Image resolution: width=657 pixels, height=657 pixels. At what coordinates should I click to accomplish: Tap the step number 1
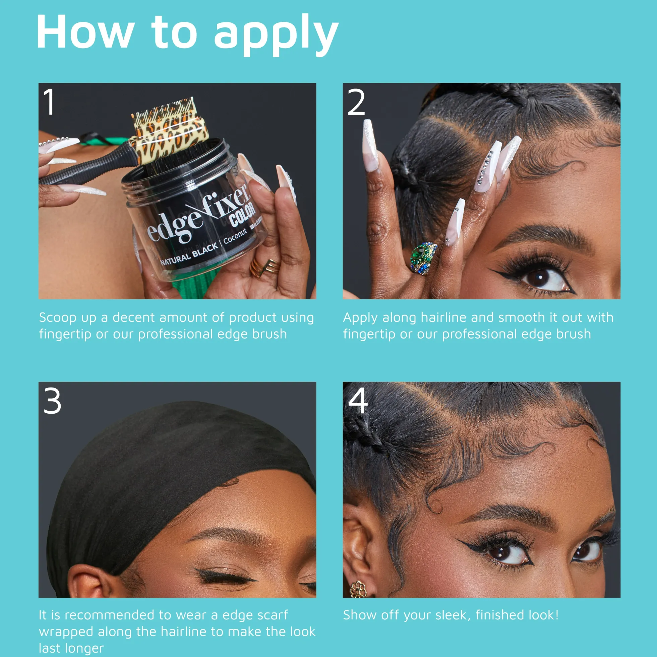click(x=50, y=101)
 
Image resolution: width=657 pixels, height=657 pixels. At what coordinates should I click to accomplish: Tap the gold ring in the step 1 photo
click(x=265, y=267)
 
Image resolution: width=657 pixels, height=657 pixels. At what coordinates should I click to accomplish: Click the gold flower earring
click(x=358, y=589)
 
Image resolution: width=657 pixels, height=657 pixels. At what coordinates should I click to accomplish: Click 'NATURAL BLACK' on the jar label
click(x=189, y=254)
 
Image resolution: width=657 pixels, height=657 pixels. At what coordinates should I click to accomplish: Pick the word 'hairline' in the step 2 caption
click(x=443, y=317)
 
